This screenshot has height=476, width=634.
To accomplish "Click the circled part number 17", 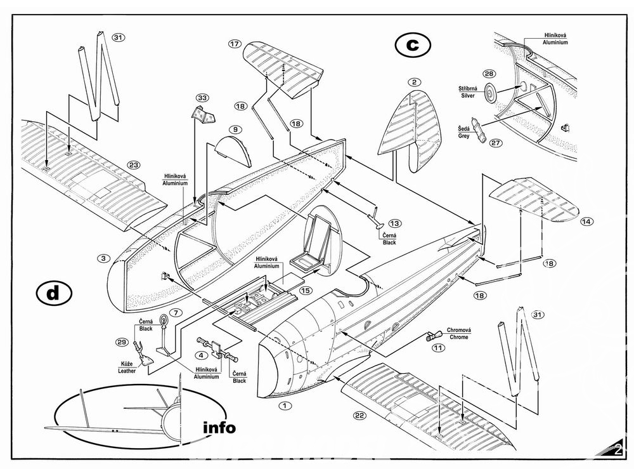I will coord(235,44).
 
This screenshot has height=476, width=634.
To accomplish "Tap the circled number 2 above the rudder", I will coord(413,82).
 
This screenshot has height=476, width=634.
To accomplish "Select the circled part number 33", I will coord(202,98).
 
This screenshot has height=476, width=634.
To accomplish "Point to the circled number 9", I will coord(235,129).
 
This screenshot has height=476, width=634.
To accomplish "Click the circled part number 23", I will coord(133,164).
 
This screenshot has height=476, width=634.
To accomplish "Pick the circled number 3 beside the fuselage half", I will coord(103,258).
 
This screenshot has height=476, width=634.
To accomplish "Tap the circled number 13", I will coord(395,223).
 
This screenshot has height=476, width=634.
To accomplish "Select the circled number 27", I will coord(496,143).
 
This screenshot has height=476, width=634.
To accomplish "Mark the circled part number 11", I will coord(438,348).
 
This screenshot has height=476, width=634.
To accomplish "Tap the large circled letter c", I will coord(412,44).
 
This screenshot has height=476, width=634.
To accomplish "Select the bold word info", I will coord(219,427).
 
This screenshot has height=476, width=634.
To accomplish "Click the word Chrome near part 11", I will coord(458,337).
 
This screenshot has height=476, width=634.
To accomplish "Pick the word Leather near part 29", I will coord(127,371).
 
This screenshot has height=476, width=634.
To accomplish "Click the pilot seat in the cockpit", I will coord(317,241).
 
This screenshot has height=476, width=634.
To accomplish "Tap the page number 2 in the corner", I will coord(618,451).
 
